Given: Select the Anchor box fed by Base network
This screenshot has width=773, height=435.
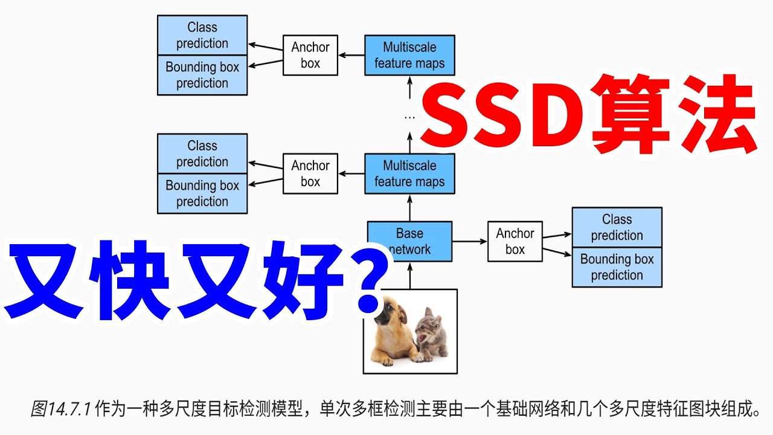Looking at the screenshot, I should coord(515,242).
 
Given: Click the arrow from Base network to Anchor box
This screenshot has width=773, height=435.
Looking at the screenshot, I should coord(469,242).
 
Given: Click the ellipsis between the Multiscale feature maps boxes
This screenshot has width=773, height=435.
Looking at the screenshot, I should coord(409,116).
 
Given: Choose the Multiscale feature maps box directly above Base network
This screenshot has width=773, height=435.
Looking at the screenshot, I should coord(409,173).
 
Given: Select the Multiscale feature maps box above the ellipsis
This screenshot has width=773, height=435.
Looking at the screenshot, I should coord(409,55).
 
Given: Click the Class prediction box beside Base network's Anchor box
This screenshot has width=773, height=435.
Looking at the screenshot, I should coord(617,227).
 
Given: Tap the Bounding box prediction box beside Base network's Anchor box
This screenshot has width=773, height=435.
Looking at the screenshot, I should coord(617,267).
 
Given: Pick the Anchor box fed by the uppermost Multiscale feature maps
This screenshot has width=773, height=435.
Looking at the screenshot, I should coord(310,55).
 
